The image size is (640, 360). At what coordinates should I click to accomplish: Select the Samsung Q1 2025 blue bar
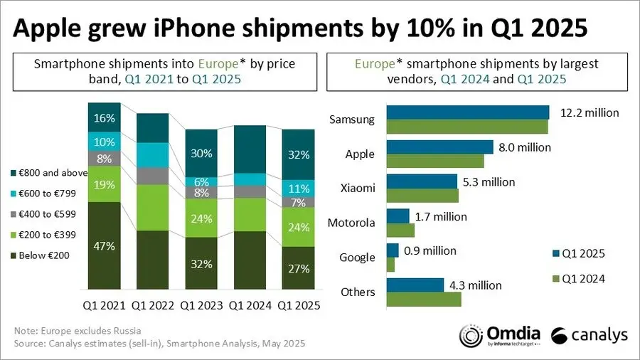(467, 112)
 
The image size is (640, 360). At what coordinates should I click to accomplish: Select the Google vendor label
(357, 257)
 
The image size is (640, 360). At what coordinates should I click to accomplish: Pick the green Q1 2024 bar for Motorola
(400, 230)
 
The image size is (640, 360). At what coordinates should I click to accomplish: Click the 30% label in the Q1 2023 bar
(202, 153)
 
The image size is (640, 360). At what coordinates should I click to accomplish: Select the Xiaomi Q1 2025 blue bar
(422, 181)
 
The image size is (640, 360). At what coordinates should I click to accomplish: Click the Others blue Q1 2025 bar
(415, 285)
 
